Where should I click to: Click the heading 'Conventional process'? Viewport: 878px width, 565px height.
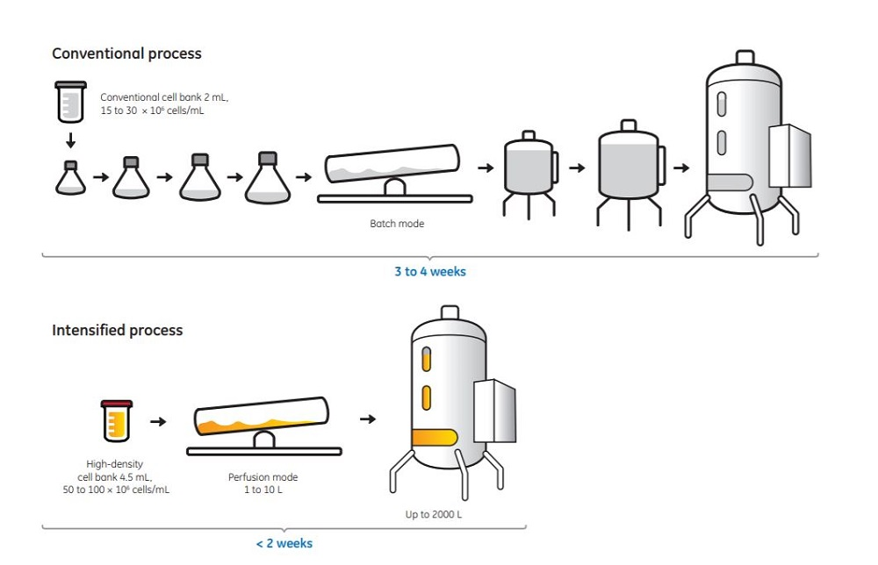(x=126, y=54)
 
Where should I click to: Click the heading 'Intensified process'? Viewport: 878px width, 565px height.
(x=117, y=331)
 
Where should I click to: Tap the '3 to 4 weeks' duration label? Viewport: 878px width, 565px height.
(x=429, y=272)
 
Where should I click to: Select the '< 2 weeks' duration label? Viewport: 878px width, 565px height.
(x=284, y=544)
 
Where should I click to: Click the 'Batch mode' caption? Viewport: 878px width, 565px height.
(x=397, y=224)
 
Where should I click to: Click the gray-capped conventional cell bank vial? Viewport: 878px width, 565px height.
(x=70, y=102)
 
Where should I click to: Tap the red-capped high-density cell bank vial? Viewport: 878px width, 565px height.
(x=116, y=420)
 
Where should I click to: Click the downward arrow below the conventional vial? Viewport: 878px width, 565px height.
(x=70, y=141)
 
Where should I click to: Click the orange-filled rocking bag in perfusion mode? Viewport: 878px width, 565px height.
(x=262, y=420)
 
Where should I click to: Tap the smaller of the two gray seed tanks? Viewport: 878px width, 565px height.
(x=528, y=167)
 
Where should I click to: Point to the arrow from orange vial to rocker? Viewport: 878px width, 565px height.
(x=158, y=421)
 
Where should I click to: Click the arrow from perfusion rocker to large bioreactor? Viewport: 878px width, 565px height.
(x=368, y=419)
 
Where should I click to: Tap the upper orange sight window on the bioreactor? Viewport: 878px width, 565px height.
(x=427, y=360)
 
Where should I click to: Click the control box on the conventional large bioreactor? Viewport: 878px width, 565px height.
(x=789, y=155)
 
